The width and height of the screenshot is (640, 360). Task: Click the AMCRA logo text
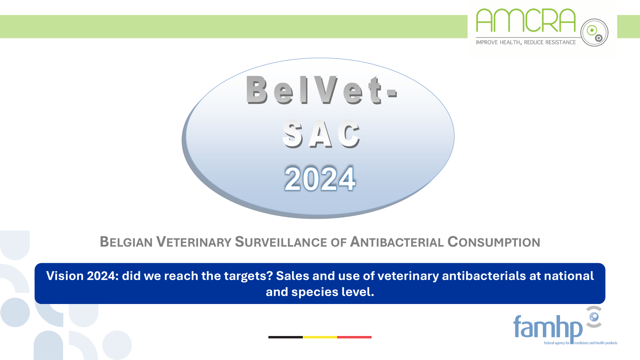click(525, 21)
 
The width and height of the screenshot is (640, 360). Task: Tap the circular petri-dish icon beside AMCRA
click(594, 32)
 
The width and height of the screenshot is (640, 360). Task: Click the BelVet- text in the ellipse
click(321, 90)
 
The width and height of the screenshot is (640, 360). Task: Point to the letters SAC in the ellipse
click(321, 134)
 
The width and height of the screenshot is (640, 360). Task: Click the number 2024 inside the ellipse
click(320, 179)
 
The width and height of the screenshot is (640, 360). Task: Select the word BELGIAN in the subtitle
click(126, 242)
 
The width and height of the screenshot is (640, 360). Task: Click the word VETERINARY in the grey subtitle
click(194, 242)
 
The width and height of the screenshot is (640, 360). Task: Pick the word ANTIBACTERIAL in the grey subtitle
click(397, 242)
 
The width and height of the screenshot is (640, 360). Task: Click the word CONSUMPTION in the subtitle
click(494, 242)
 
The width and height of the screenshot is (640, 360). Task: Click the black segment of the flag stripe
click(285, 337)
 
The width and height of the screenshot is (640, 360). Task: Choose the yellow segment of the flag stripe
click(320, 337)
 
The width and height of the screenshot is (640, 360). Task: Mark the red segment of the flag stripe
click(354, 337)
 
